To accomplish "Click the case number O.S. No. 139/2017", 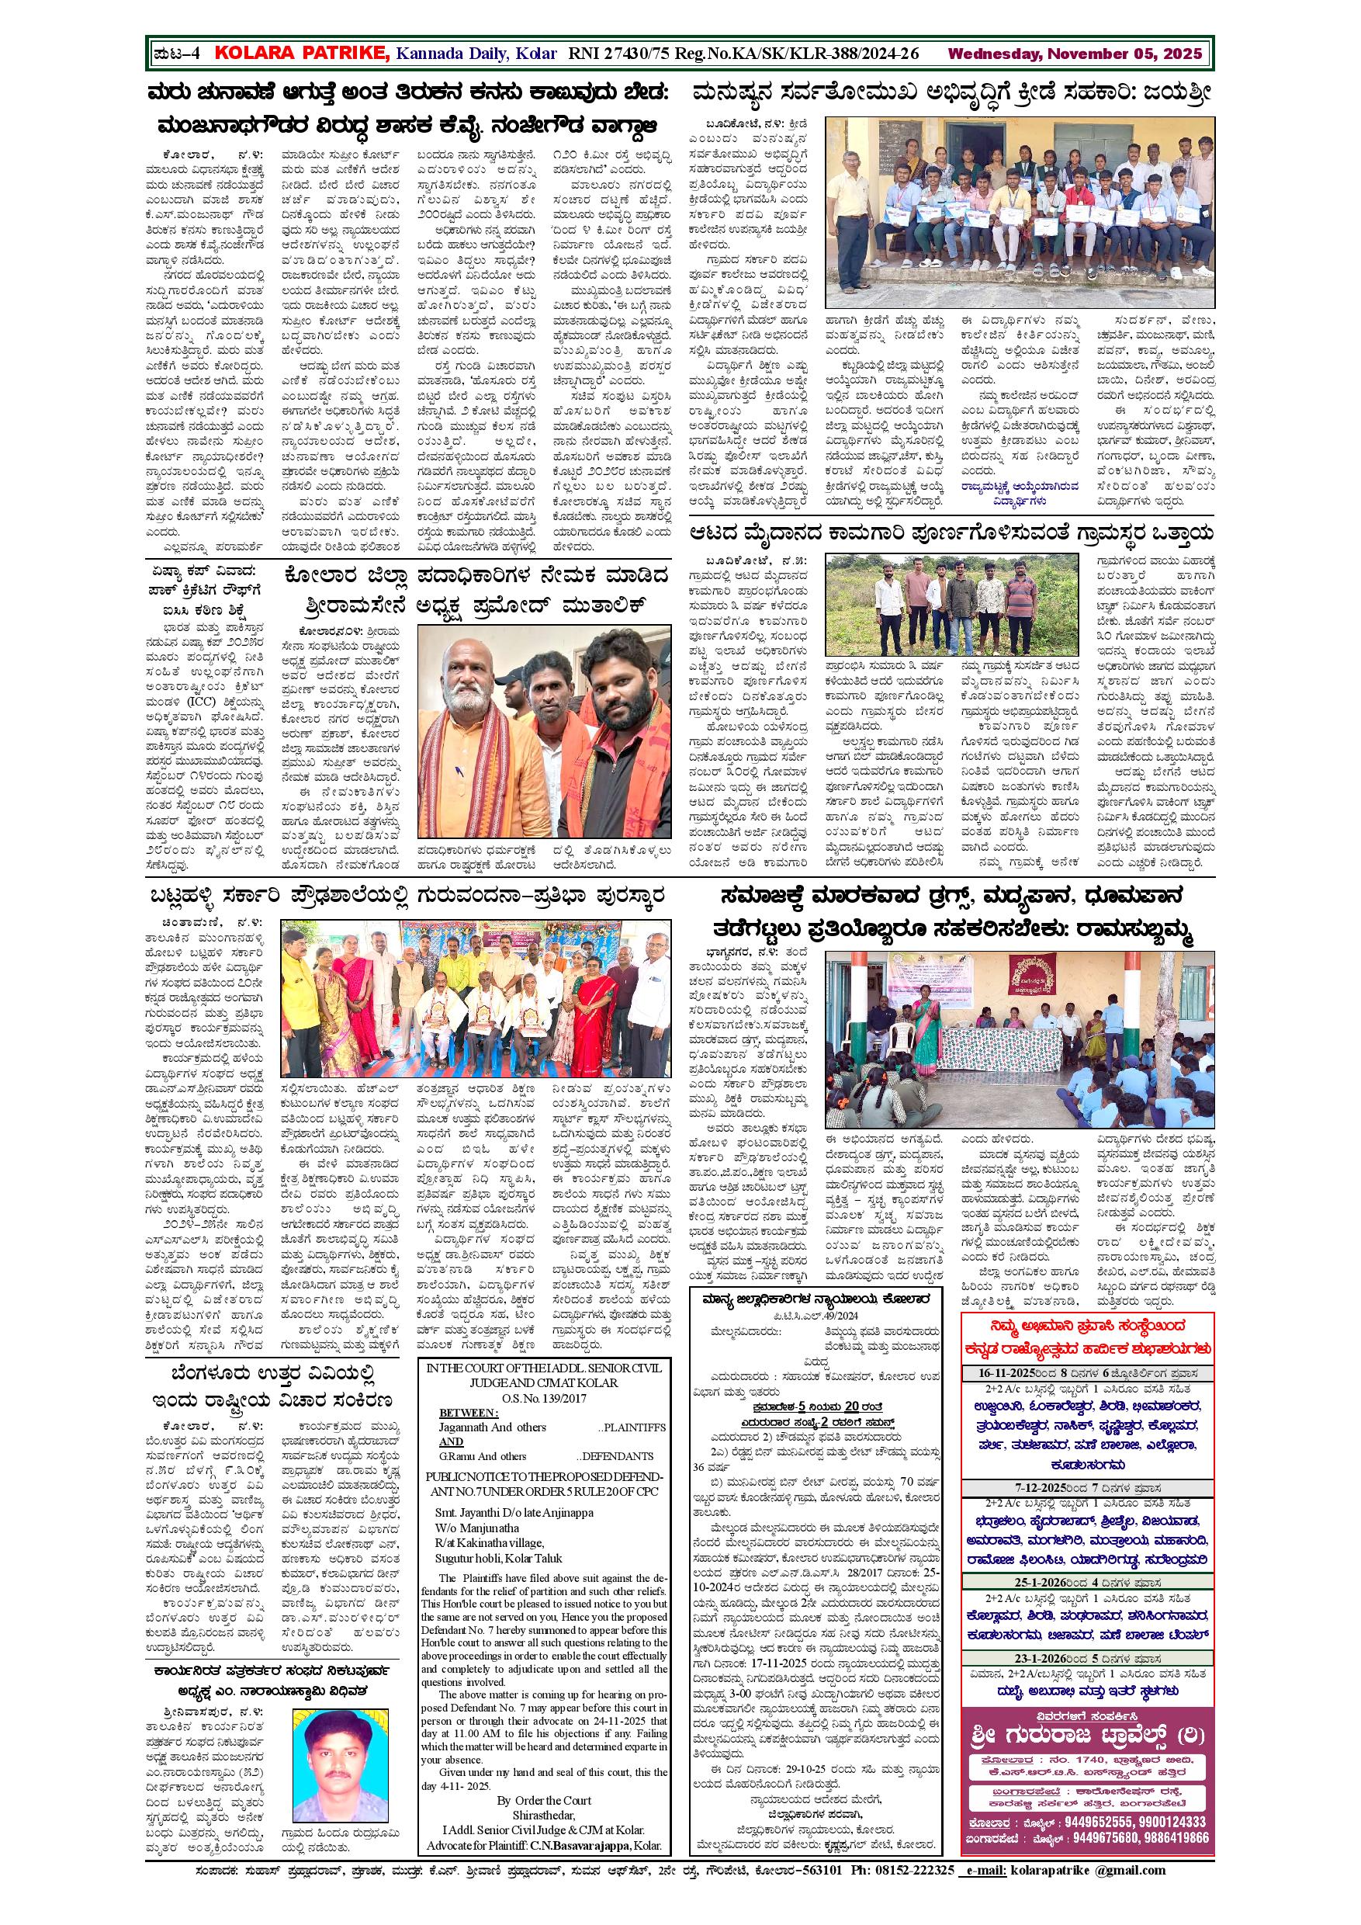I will [544, 1398].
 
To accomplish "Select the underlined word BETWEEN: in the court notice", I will [468, 1413].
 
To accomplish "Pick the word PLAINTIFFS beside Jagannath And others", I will [632, 1427].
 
